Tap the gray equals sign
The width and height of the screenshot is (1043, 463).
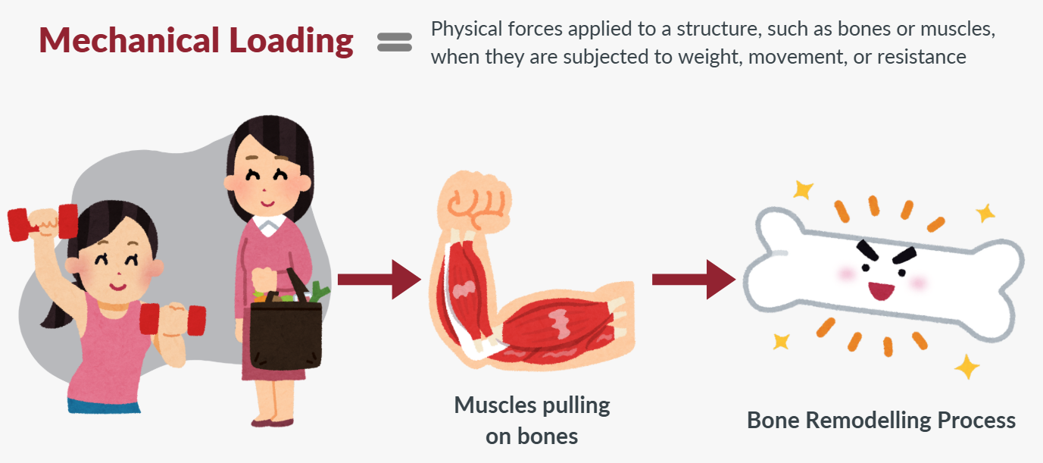click(394, 42)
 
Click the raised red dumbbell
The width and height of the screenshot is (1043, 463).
click(42, 221)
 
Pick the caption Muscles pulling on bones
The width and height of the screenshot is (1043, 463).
click(532, 421)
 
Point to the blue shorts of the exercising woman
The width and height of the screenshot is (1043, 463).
click(103, 405)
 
